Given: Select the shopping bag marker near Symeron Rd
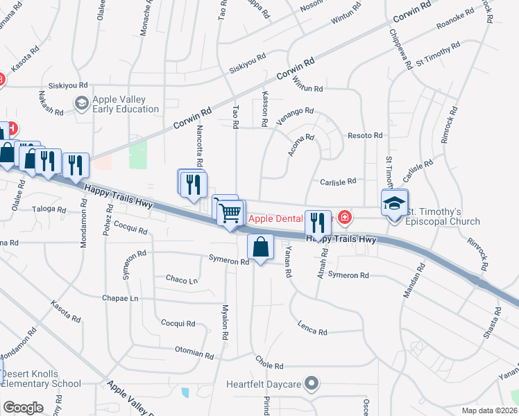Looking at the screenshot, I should [260, 249].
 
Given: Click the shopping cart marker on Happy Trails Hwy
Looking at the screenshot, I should [231, 211].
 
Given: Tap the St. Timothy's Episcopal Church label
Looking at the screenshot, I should [442, 216].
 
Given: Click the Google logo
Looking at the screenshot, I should [23, 408].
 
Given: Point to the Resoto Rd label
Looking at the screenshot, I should [365, 135].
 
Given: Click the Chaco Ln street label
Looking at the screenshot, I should [182, 280].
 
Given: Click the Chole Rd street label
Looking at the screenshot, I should [269, 364].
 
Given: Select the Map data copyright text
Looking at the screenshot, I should [488, 410].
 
